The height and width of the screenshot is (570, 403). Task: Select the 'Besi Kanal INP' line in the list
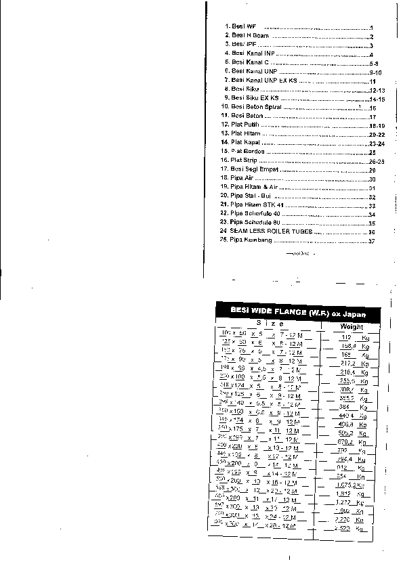253,53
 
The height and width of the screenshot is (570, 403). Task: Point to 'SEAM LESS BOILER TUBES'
270,232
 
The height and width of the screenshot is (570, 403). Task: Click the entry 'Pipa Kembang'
249,241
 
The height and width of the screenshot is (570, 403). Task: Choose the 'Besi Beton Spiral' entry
256,108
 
